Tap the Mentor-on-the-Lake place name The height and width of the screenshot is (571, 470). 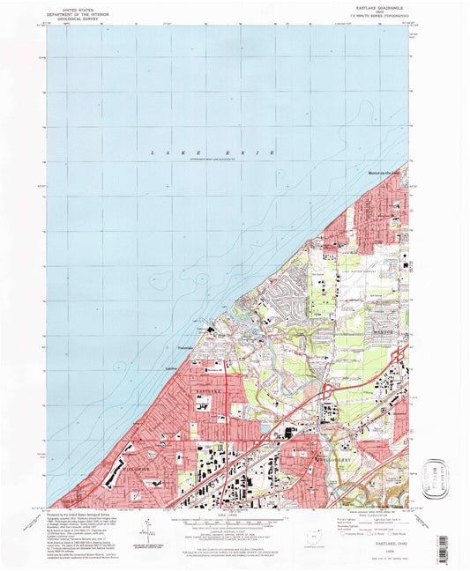(x=384, y=173)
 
